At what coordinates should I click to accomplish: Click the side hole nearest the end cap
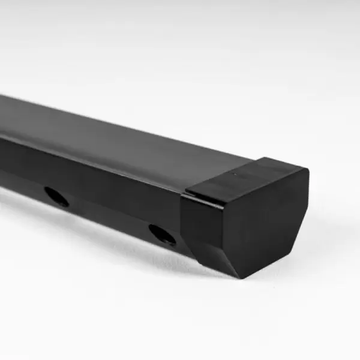point(162,234)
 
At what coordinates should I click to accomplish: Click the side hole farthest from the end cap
point(56,196)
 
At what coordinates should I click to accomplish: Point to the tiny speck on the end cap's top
point(235,175)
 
